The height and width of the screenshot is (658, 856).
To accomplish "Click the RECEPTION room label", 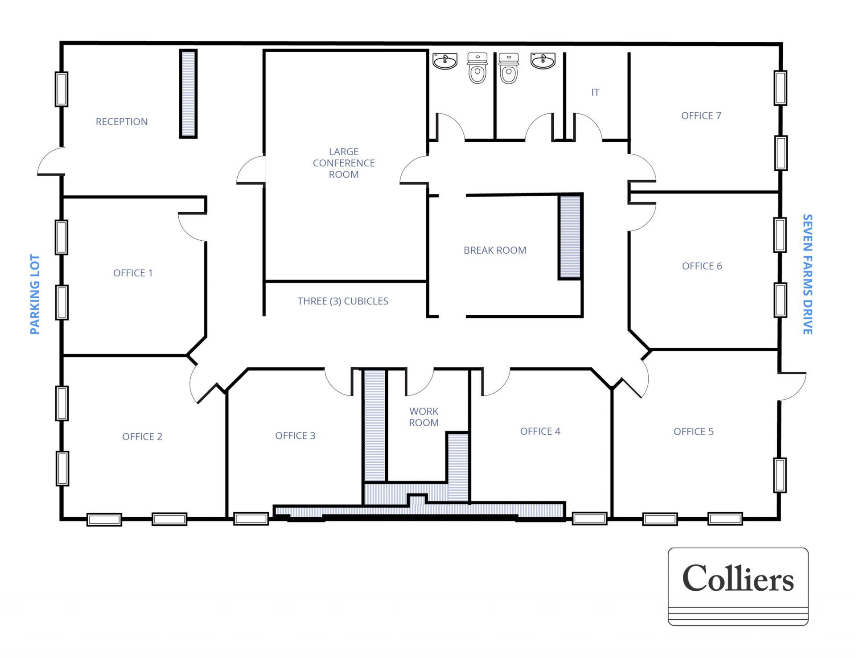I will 121,122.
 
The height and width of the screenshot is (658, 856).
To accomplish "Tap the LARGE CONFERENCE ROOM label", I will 343,163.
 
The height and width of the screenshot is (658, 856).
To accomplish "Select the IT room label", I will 595,92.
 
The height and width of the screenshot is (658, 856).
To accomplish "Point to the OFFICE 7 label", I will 701,116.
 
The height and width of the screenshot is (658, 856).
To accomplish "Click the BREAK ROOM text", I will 495,251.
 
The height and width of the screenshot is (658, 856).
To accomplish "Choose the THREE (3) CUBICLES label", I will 343,301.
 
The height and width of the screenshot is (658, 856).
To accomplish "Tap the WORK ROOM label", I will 424,417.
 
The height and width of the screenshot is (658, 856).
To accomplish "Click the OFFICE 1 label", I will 133,273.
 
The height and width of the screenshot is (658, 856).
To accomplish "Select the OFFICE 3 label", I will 295,436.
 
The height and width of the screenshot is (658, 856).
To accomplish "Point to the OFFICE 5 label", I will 693,432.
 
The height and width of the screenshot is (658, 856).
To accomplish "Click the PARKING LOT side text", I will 35,294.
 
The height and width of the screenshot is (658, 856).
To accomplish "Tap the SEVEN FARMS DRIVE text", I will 807,274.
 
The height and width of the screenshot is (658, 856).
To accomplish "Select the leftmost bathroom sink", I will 445,61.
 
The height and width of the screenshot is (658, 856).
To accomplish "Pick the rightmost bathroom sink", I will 543,60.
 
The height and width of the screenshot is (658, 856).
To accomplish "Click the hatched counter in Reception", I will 188,94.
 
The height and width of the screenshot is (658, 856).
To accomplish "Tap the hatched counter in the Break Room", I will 570,237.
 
